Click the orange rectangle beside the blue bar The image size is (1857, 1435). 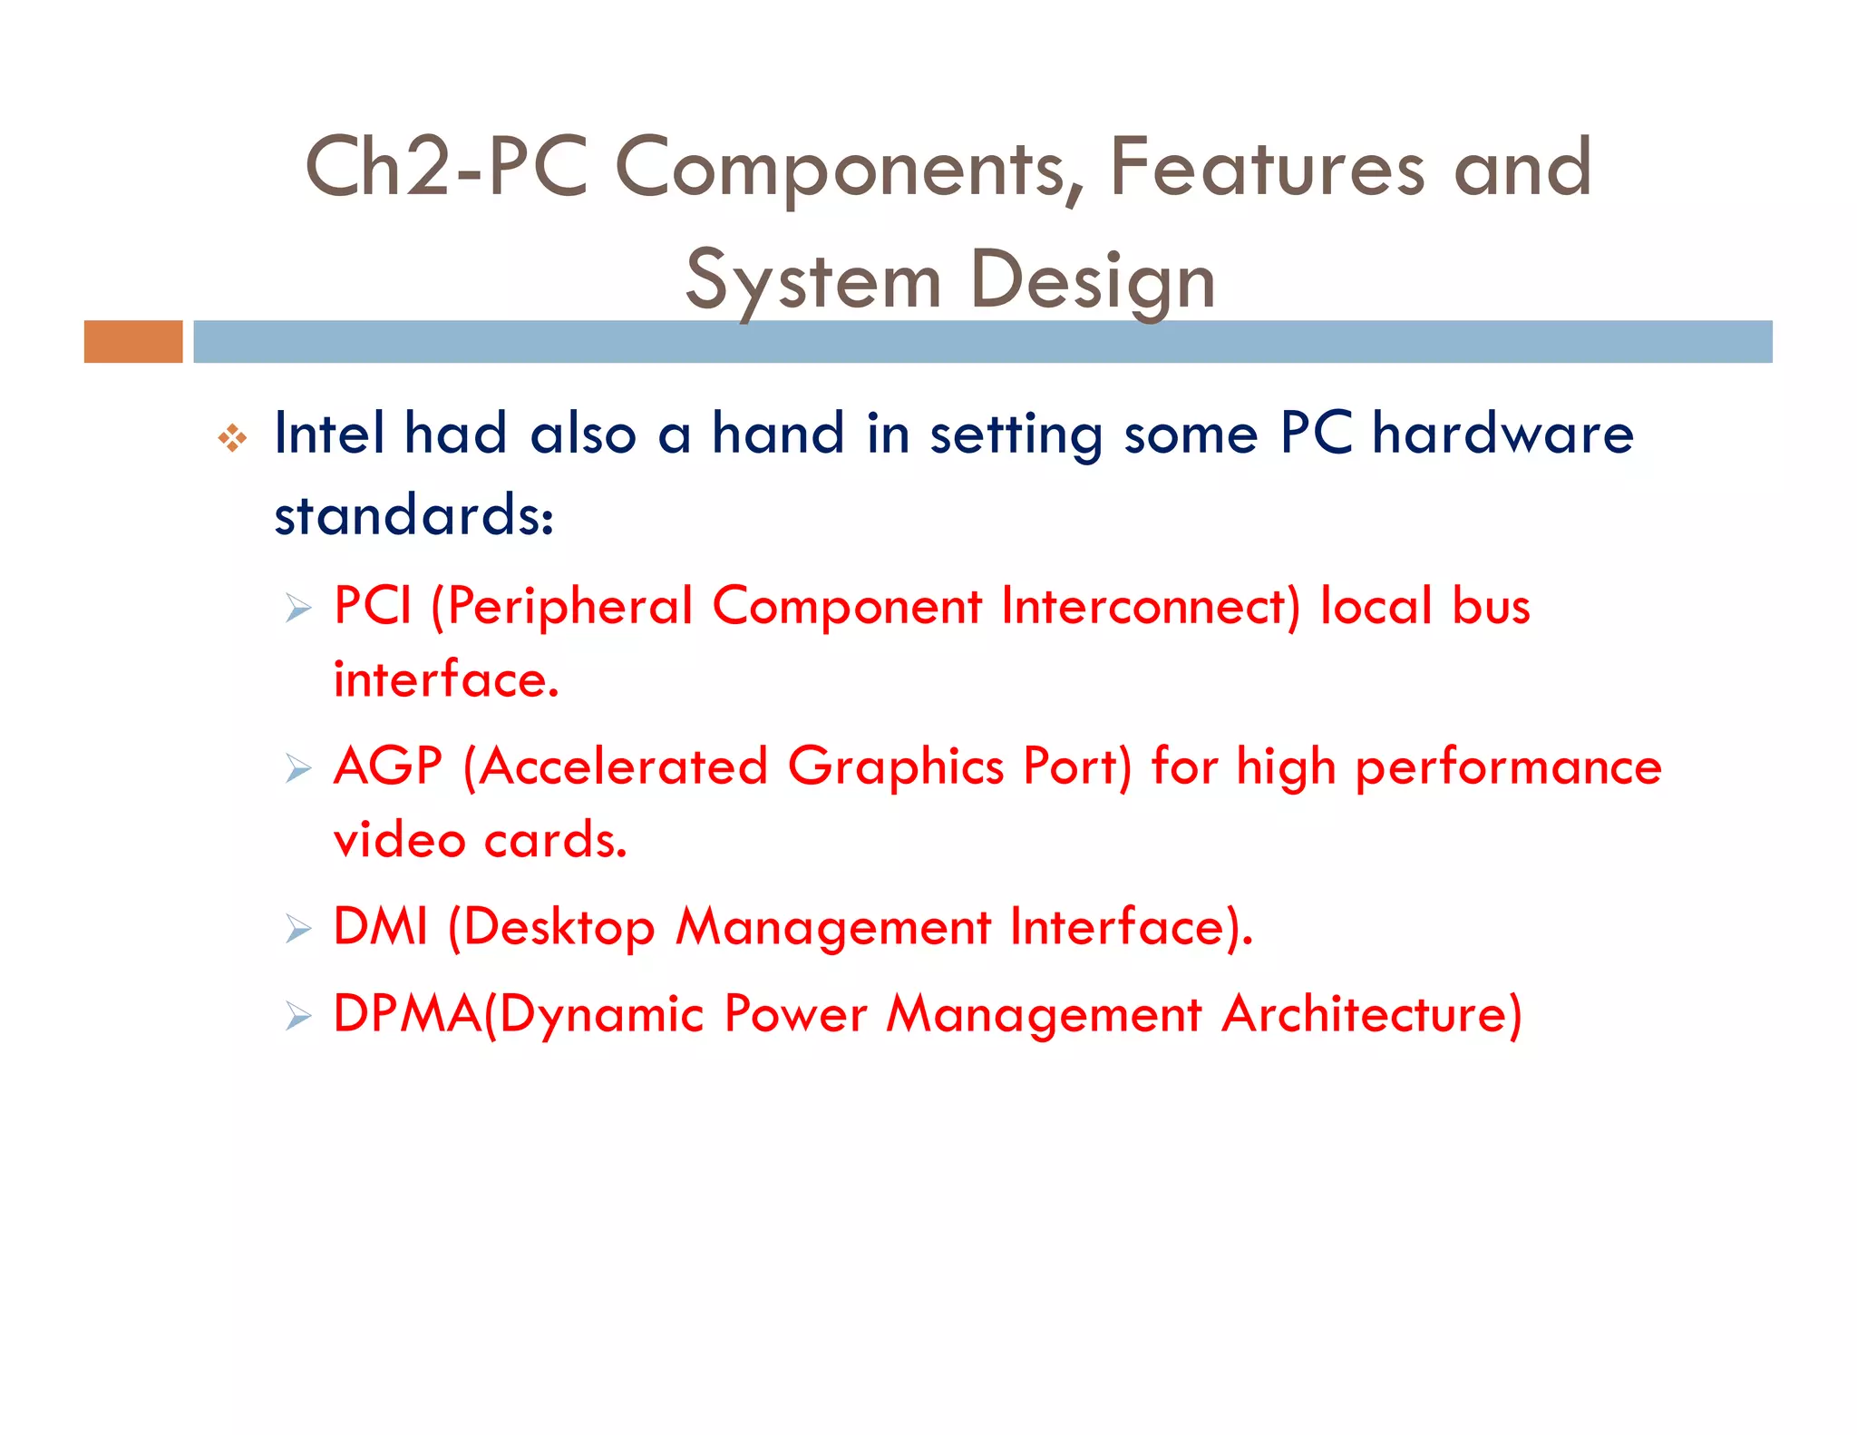[133, 341]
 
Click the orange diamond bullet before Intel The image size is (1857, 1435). [232, 438]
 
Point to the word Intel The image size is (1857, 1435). [329, 433]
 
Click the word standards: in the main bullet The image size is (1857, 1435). [413, 514]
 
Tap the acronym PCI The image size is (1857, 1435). [373, 605]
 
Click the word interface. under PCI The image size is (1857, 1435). [446, 678]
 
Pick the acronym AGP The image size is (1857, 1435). [388, 766]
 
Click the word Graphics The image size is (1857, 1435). [895, 767]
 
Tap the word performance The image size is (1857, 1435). [1508, 767]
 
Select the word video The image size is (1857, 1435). [399, 839]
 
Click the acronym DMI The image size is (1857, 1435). [380, 926]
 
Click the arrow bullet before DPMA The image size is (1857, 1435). [297, 1016]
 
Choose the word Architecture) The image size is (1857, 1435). [1371, 1013]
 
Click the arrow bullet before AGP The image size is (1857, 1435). [297, 768]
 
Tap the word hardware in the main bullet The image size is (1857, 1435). [1502, 433]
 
